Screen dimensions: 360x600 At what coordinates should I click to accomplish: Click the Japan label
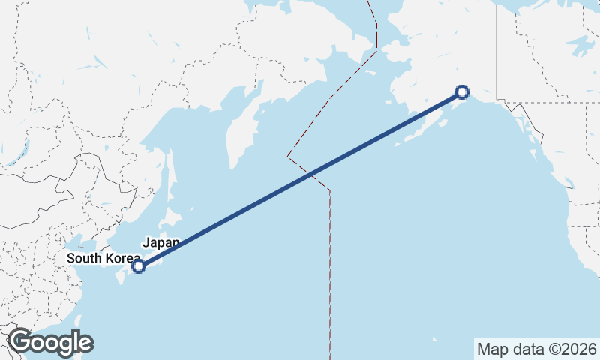point(161,242)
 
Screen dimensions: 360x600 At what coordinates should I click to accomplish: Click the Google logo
point(50,342)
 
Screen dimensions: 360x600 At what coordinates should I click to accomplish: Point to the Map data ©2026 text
point(536,349)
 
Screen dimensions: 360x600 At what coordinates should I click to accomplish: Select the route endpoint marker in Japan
point(138,265)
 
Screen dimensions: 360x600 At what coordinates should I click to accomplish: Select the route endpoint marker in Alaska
point(462,92)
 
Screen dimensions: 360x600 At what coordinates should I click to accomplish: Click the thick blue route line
point(300,179)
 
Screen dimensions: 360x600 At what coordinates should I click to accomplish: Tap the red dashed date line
point(329,262)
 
